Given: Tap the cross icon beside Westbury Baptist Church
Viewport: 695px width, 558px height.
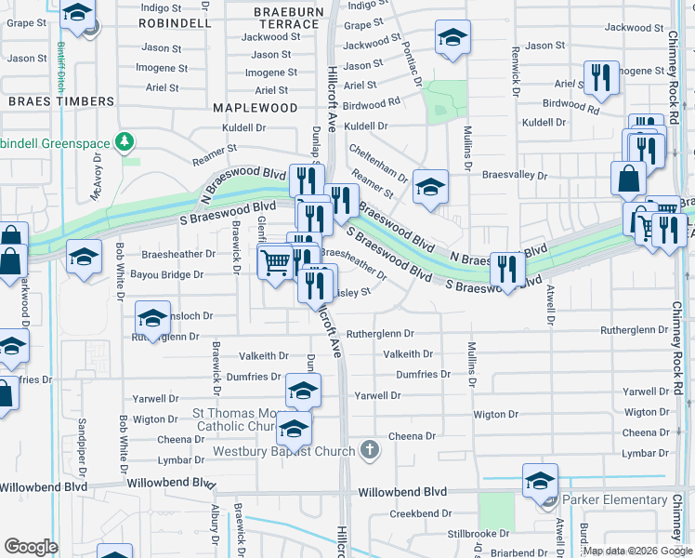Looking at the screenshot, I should [370, 451].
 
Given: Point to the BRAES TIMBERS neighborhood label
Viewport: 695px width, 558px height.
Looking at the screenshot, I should [61, 100].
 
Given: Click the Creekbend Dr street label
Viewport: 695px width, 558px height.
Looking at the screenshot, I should [413, 513].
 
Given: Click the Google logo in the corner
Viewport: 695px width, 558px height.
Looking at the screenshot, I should [31, 547].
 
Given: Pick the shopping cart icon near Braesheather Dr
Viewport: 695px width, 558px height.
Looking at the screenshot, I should [275, 261].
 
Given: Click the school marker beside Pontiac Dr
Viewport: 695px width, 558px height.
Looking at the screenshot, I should [452, 38].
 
